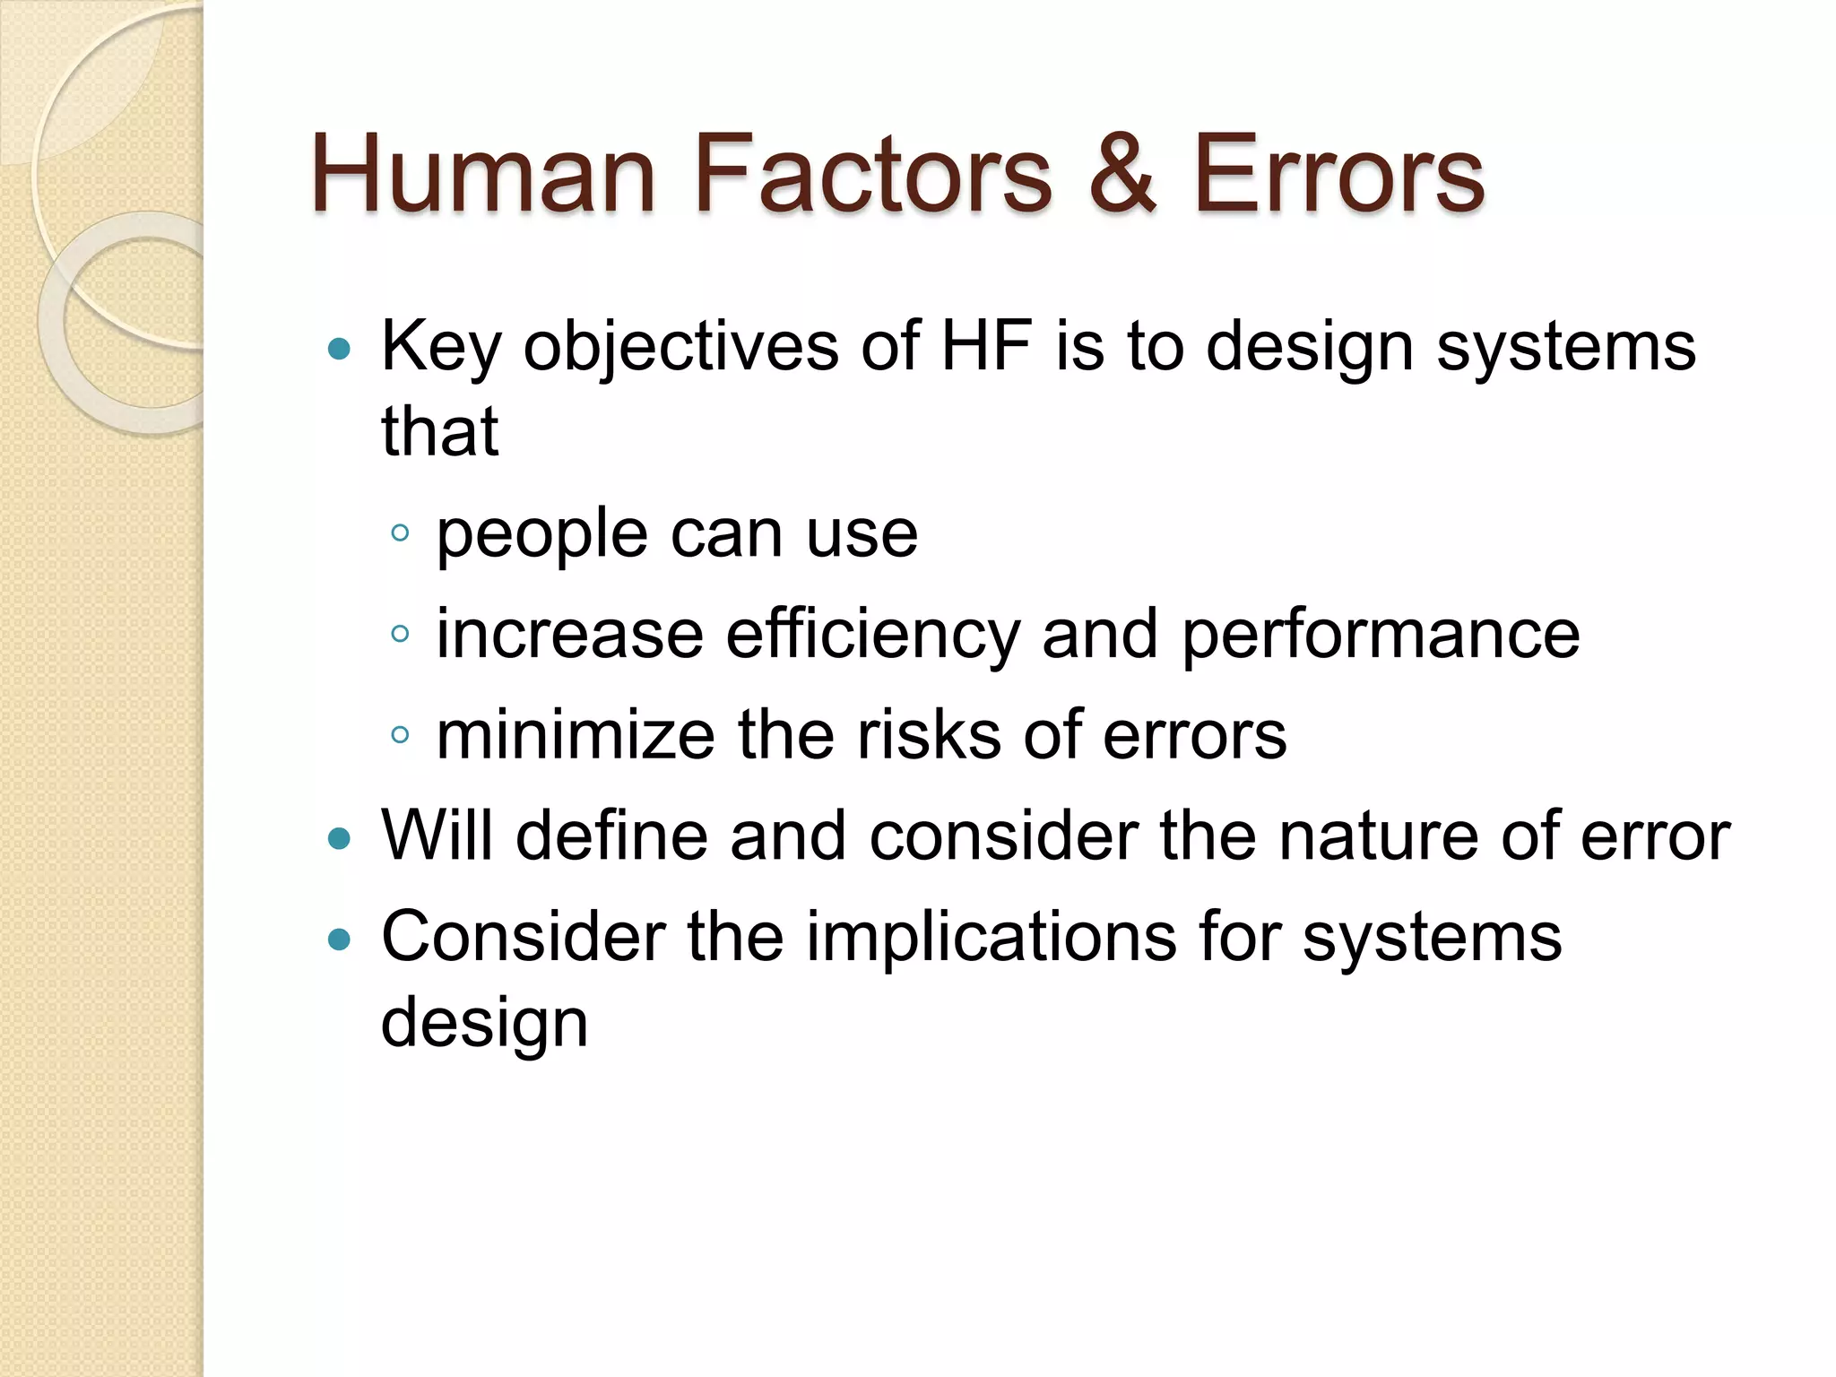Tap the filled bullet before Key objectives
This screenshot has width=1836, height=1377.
click(x=339, y=349)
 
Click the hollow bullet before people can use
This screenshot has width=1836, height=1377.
click(x=400, y=534)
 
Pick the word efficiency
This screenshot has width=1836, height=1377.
click(x=872, y=635)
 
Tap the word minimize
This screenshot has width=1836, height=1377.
click(x=576, y=735)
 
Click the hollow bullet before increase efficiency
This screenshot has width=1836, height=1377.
click(x=400, y=635)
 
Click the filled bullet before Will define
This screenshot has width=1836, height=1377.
click(x=339, y=839)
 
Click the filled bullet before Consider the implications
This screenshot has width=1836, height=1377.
click(x=339, y=940)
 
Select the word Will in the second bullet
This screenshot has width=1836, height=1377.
click(x=437, y=836)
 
